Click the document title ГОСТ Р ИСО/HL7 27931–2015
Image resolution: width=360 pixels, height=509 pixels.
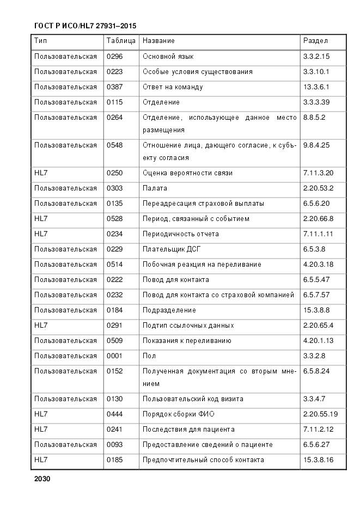85,26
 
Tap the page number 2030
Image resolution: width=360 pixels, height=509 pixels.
42,479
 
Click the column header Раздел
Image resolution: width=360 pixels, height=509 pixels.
315,41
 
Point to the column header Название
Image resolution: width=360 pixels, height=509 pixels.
158,41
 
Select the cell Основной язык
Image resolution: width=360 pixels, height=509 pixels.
168,57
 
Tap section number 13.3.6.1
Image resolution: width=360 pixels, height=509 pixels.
316,87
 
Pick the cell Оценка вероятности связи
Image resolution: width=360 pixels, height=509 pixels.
187,173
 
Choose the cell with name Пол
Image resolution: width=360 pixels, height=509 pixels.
149,356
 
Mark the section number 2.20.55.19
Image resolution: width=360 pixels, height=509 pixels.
320,414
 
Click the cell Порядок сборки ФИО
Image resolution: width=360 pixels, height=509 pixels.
179,414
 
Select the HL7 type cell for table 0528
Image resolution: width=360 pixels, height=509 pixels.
41,219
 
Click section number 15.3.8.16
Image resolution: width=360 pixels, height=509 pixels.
318,460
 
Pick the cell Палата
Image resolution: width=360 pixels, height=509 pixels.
155,188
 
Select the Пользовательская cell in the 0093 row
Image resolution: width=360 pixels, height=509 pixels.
65,445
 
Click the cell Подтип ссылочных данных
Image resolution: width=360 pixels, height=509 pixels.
188,326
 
